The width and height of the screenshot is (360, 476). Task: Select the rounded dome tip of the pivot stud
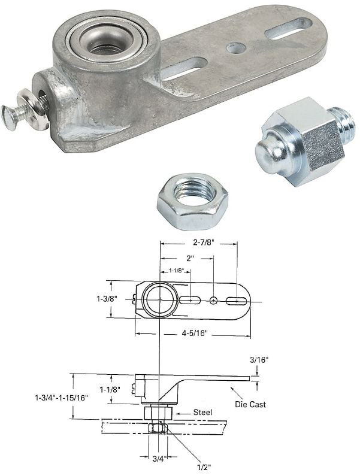(268, 153)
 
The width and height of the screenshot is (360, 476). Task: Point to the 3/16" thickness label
(259, 360)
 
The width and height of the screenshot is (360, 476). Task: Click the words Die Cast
(250, 405)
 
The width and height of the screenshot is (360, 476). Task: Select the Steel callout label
(203, 413)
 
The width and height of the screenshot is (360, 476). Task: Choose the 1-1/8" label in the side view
(110, 389)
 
